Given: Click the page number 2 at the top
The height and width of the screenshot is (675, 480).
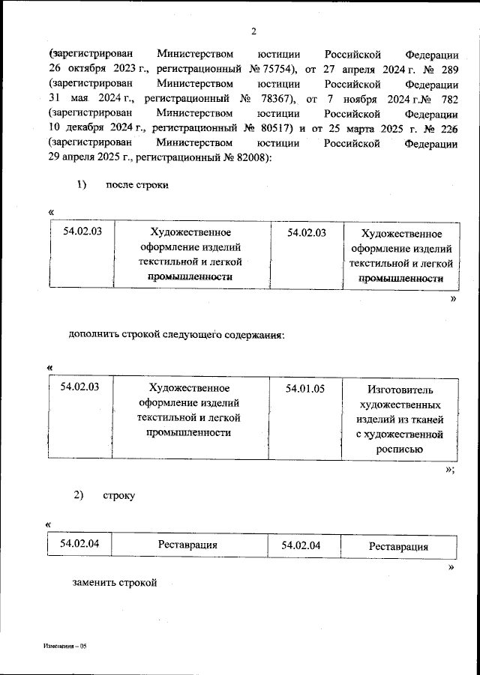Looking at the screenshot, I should coord(254,31).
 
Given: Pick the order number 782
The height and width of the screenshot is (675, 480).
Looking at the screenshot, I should coord(447,99).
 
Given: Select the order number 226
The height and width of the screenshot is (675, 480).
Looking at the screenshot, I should coord(447,128).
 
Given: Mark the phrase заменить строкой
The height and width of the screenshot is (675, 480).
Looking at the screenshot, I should coord(116,582).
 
